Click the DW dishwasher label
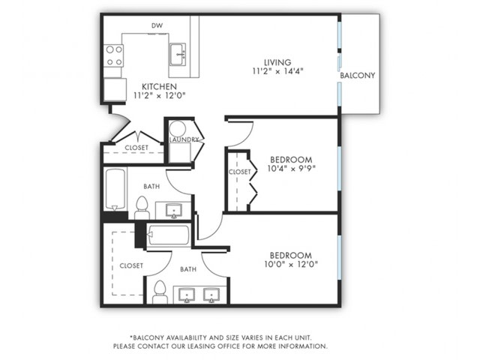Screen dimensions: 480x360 point(157,25)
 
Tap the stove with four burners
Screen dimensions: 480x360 point(114,55)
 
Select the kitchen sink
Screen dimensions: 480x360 point(178,55)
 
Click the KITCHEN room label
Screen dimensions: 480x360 point(160,87)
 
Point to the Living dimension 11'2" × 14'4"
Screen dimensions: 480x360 point(277,71)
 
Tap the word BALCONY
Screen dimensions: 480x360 point(358,75)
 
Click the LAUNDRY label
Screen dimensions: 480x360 point(184,139)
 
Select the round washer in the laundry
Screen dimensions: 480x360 point(178,129)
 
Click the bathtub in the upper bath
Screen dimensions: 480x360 point(115,189)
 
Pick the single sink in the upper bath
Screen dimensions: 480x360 point(174,211)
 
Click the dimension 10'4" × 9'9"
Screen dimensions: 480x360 point(292,168)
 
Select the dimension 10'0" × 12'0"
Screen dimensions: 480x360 point(291,264)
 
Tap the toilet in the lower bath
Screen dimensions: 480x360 point(160,292)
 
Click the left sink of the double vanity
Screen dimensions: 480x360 point(187,295)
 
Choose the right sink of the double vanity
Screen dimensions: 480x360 point(211,295)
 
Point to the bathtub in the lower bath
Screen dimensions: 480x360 point(169,235)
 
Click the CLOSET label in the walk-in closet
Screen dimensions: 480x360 point(131,265)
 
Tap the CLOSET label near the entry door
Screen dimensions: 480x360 point(136,148)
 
